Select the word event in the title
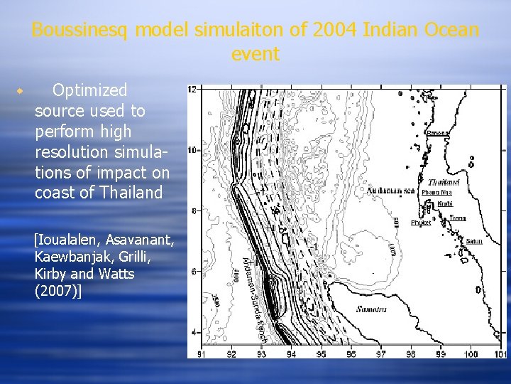coord(255,54)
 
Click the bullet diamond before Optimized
coord(21,92)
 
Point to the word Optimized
coord(89,90)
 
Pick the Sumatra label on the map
coord(370,309)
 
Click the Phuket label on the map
coord(421,223)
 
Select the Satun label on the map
coord(473,241)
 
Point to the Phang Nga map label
coord(437,192)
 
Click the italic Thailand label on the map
coord(444,182)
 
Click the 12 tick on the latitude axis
coord(192,90)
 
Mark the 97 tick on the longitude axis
coord(381,353)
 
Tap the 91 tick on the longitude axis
coord(202,353)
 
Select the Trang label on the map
coord(457,218)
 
